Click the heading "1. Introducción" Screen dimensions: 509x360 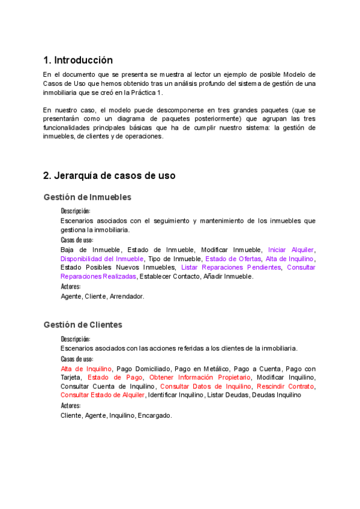pos(78,60)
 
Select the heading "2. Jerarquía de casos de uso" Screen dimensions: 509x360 pos(109,176)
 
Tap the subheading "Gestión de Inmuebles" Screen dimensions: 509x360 pos(88,197)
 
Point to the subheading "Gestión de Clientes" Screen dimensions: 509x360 pos(83,325)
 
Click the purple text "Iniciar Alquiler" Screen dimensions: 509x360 pos(291,250)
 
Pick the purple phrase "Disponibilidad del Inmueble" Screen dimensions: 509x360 pos(102,259)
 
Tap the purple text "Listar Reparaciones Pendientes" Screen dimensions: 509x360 pos(230,268)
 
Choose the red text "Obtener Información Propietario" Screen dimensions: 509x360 pos(200,378)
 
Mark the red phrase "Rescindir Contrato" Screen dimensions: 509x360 pos(285,387)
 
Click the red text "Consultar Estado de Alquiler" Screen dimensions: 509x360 pos(103,396)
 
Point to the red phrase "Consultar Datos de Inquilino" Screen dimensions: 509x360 pos(206,387)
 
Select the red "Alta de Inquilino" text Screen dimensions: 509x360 pos(86,369)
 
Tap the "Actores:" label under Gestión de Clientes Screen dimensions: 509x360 pos(71,406)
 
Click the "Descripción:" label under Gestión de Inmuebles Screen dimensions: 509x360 pos(76,211)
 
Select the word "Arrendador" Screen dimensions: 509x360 pos(127,297)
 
